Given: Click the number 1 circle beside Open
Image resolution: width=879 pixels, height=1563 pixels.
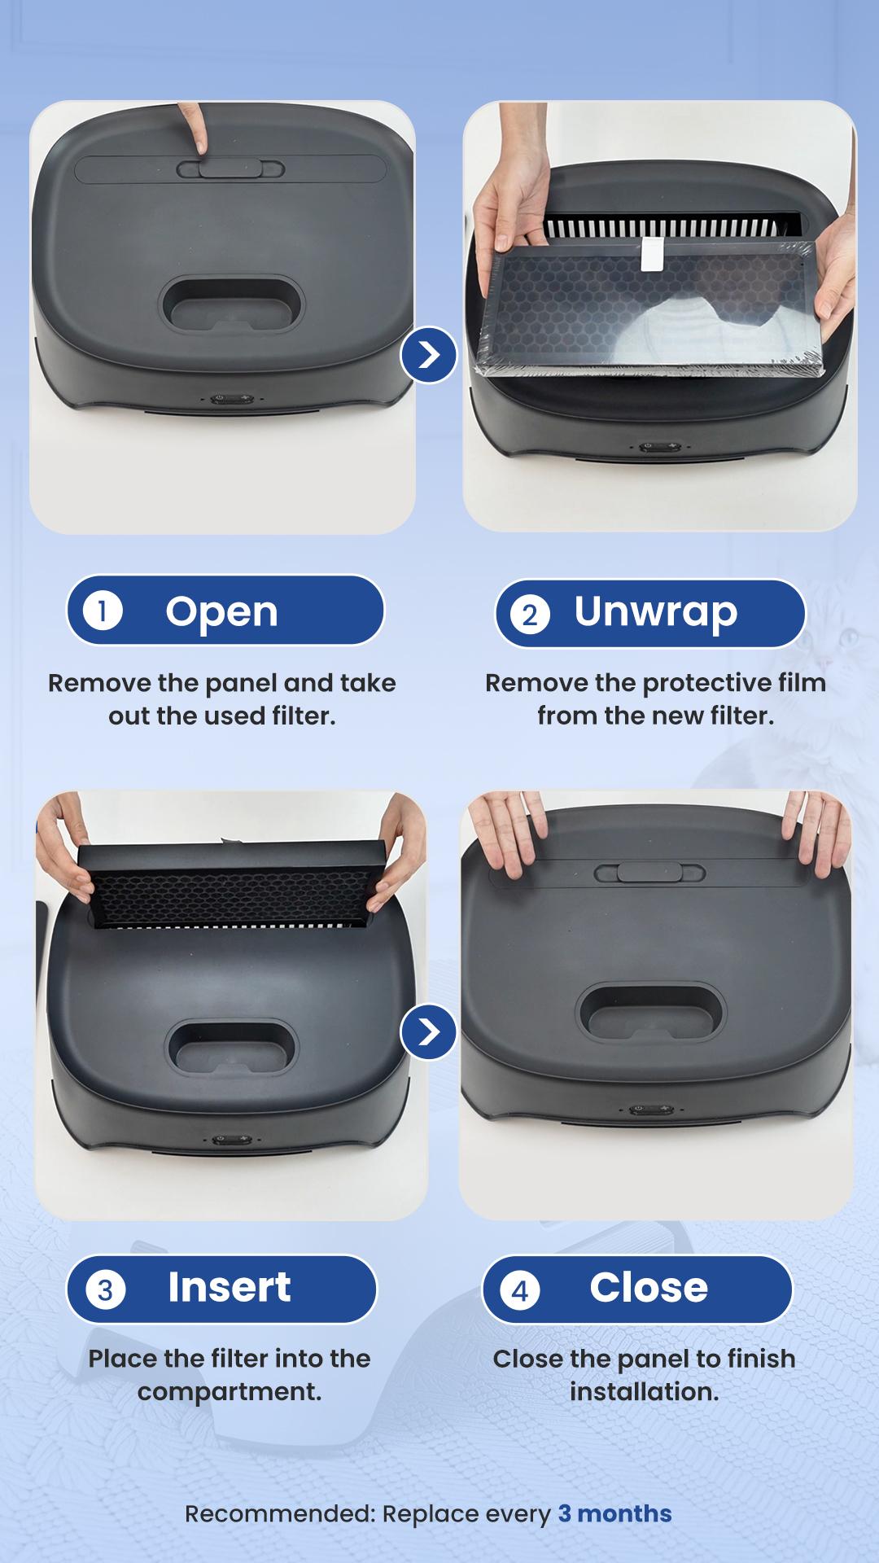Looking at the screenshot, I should point(103,611).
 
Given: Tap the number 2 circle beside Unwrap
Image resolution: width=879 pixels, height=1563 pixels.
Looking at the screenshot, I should point(530,614).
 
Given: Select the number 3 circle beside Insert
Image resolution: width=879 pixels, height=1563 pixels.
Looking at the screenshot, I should point(106,1290).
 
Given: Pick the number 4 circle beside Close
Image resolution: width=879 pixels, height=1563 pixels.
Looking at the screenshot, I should point(520,1291).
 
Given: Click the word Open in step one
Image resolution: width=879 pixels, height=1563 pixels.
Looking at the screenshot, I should point(221,611).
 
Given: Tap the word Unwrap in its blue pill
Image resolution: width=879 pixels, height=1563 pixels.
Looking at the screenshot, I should point(655,611).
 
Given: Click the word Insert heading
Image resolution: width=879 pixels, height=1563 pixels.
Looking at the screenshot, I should point(229,1287).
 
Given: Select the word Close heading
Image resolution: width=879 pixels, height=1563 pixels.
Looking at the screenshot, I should point(648,1288).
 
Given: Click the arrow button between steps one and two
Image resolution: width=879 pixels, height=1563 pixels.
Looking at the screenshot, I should point(428,355).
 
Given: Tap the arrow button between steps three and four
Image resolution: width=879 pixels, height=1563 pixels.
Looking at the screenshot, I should point(428,1031).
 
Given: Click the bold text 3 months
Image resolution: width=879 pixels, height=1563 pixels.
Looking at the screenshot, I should point(614,1513).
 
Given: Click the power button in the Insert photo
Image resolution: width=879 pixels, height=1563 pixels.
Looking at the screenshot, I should point(221,1140).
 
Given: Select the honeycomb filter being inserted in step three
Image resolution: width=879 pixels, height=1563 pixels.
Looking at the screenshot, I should point(230,889).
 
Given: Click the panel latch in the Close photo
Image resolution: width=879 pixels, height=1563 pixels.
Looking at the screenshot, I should point(649,872).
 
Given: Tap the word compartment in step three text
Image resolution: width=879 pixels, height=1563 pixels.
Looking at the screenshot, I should point(230,1392).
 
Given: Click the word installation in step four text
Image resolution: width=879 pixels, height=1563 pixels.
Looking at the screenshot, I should point(644,1392).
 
